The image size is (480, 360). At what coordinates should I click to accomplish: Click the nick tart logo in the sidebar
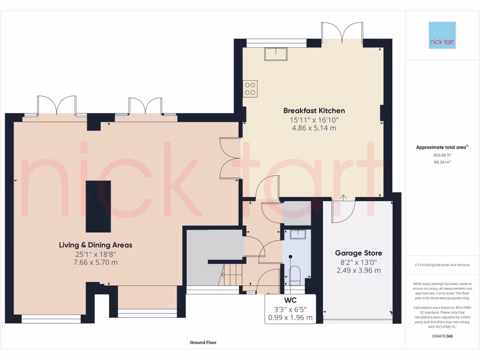[442, 35]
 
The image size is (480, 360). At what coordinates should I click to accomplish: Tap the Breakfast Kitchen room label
[314, 111]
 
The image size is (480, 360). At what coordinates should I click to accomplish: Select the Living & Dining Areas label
[96, 245]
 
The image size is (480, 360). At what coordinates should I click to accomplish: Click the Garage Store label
[358, 253]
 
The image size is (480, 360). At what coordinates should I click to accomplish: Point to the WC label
[290, 300]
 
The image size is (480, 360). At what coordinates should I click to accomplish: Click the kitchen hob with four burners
[250, 89]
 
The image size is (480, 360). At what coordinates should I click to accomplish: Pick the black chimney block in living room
[98, 206]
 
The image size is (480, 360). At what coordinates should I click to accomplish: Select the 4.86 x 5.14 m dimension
[314, 128]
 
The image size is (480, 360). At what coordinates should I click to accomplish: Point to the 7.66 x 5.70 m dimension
[96, 262]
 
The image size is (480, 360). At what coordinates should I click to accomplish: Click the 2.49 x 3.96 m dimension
[358, 270]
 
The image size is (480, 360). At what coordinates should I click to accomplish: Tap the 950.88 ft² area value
[442, 154]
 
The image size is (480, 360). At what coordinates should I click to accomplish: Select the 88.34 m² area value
[442, 162]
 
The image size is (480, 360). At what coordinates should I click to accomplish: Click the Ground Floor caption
[203, 343]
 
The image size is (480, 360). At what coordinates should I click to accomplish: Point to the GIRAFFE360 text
[442, 336]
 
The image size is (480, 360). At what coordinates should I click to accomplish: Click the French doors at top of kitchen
[342, 33]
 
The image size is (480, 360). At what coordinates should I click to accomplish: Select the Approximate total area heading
[442, 147]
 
